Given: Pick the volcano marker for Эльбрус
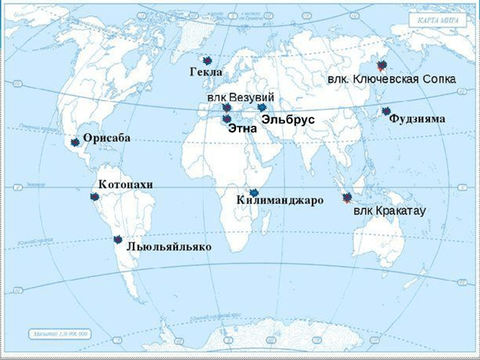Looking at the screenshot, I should click(261, 108).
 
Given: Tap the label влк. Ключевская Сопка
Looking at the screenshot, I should click(391, 79).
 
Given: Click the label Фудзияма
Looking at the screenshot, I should click(417, 118).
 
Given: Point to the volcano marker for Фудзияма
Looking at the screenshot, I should click(386, 111).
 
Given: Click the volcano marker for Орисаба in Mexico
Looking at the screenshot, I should click(76, 143).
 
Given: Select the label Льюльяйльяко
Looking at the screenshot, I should click(169, 247).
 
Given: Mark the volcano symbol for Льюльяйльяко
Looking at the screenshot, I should click(118, 239).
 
